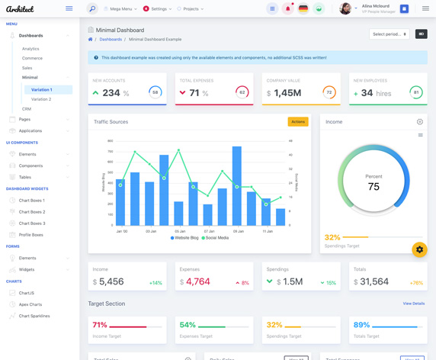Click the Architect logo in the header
click(x=21, y=9)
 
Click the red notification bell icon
click(x=287, y=9)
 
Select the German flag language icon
click(x=303, y=9)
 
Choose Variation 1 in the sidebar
click(x=41, y=89)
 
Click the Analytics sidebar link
click(x=30, y=49)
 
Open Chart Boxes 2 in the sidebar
click(x=32, y=212)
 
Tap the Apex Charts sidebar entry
click(x=30, y=304)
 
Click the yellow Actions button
click(x=297, y=121)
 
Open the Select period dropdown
click(x=389, y=34)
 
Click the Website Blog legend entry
click(x=184, y=238)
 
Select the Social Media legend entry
click(x=216, y=238)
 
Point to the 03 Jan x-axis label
click(x=151, y=231)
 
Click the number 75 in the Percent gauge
click(x=373, y=187)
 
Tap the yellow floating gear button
click(x=419, y=249)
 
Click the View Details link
click(x=414, y=304)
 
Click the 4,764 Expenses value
click(x=198, y=281)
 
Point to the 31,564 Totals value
click(x=374, y=281)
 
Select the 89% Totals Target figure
click(x=361, y=325)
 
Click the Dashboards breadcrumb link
click(x=111, y=39)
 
